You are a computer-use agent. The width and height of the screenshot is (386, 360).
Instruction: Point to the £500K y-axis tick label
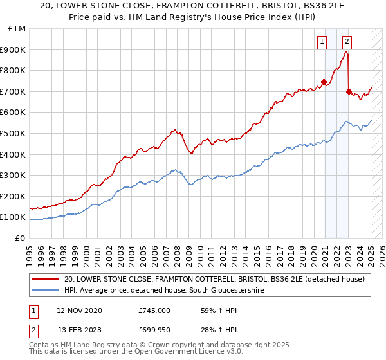[x=14, y=133]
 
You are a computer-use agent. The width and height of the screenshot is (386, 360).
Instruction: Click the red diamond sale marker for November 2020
[x=324, y=82]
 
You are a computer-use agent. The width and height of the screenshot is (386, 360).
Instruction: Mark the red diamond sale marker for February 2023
[x=349, y=91]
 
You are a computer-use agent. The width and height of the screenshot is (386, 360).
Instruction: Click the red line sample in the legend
[x=45, y=279]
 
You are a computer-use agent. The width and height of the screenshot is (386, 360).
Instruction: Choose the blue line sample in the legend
[x=45, y=291]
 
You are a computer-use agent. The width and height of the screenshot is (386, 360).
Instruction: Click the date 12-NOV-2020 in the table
[x=79, y=310]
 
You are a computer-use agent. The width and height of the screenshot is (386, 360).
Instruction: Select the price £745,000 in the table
[x=154, y=310]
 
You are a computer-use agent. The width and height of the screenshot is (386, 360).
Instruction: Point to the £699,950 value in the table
[x=154, y=330]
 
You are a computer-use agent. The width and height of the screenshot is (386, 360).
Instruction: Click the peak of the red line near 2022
[x=346, y=53]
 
